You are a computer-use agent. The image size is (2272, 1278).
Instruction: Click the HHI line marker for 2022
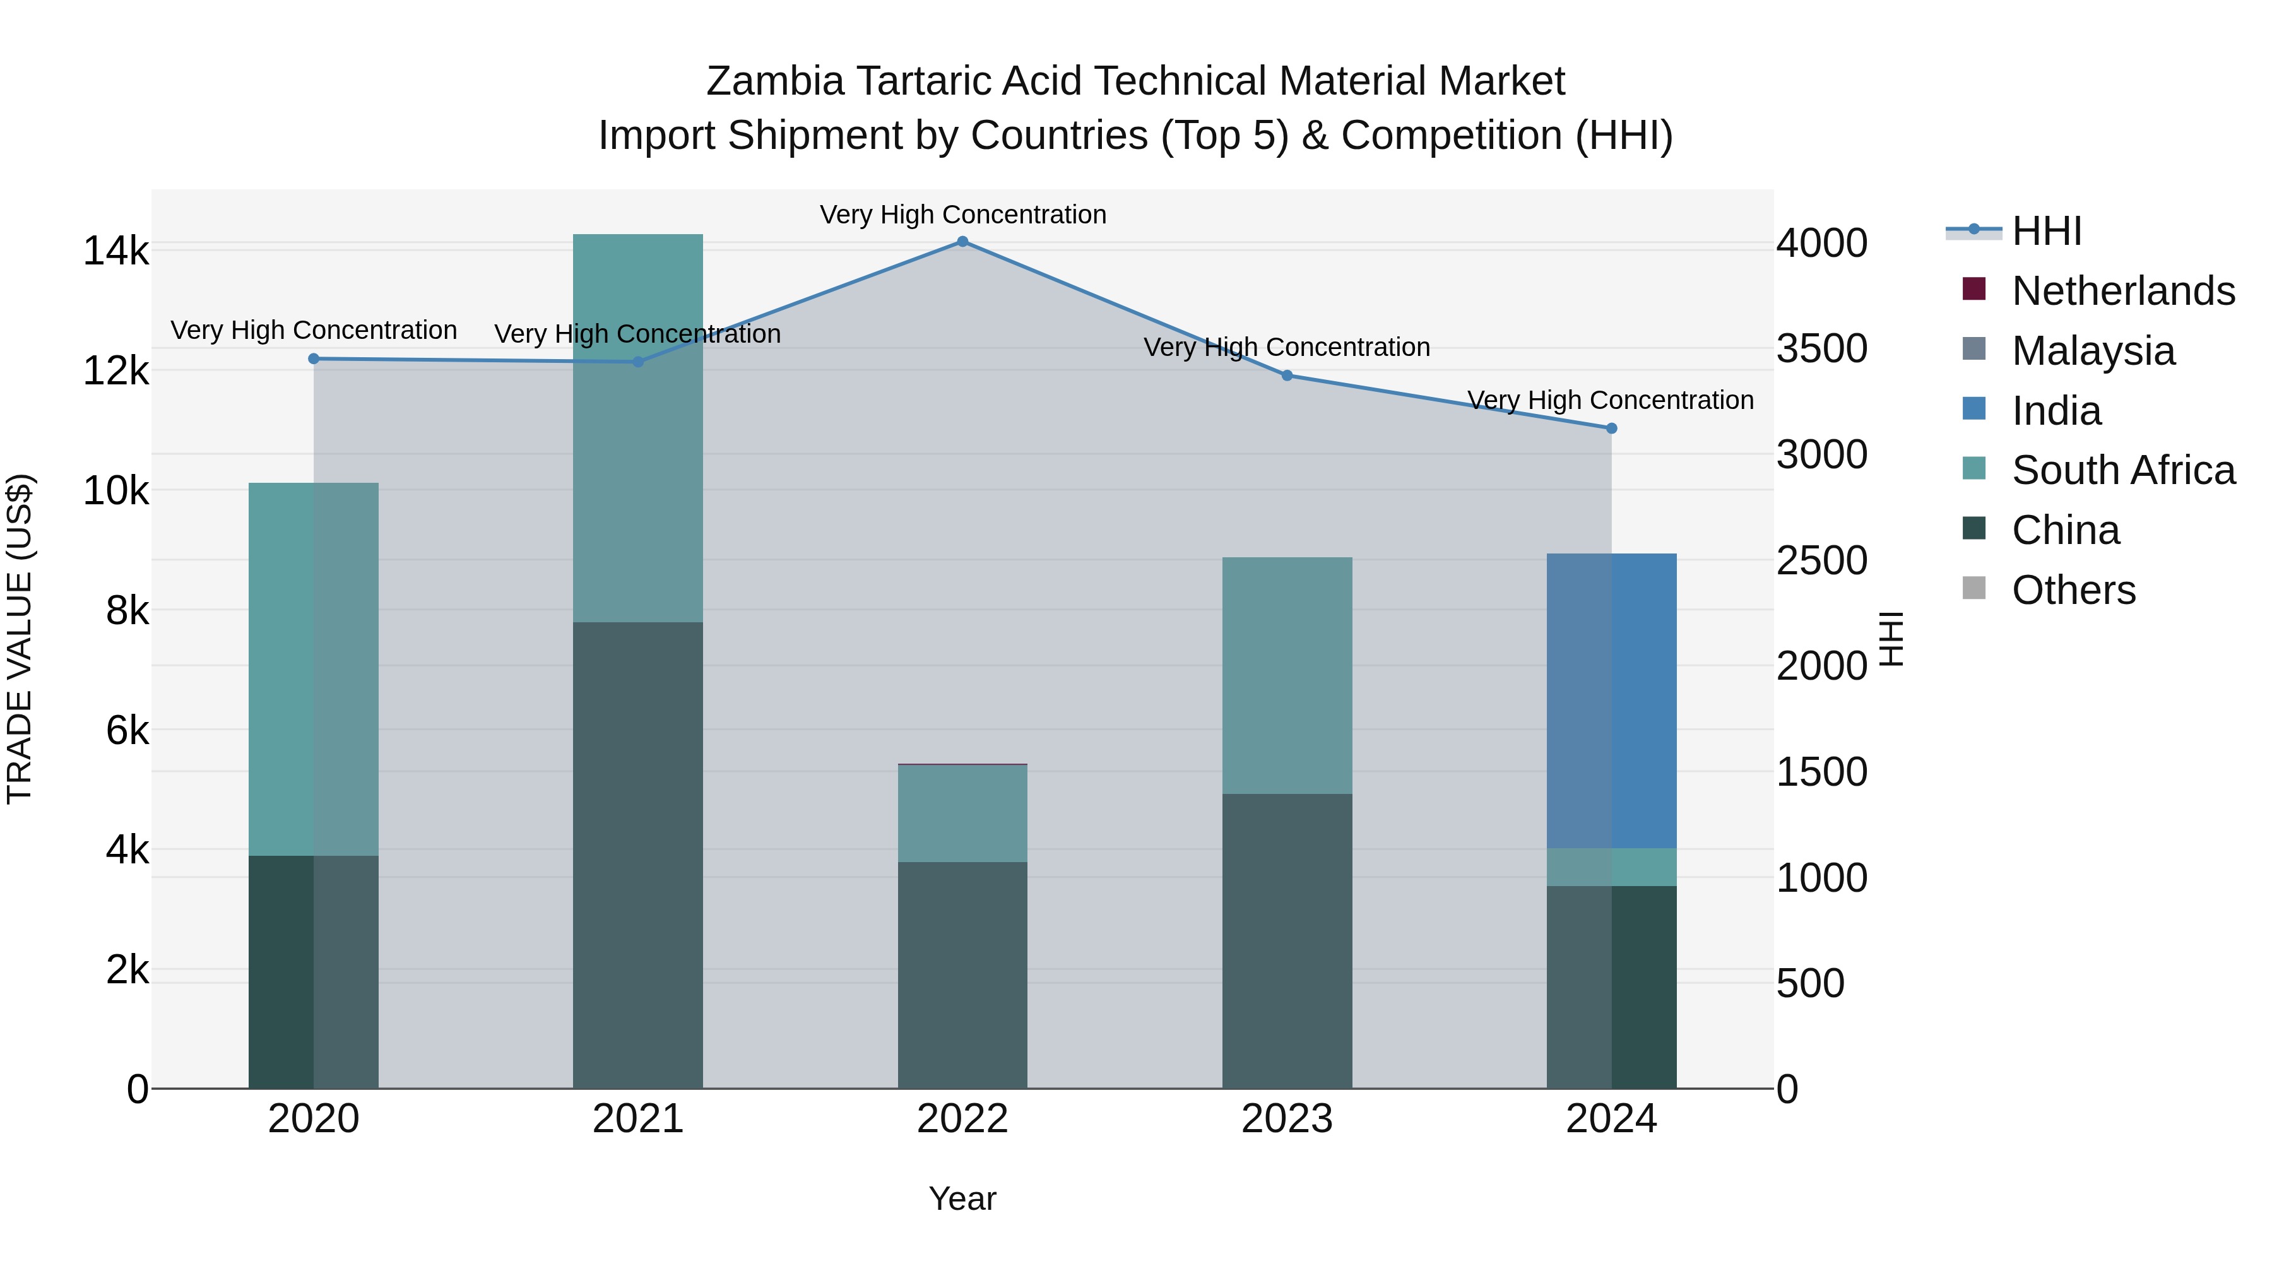point(962,242)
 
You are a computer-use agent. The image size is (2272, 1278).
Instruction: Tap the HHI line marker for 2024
point(1611,429)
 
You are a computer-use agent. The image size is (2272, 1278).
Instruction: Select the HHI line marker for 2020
point(314,359)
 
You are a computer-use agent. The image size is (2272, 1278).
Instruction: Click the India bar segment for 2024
point(1611,701)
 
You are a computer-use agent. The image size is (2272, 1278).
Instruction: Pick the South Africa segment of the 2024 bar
point(1611,867)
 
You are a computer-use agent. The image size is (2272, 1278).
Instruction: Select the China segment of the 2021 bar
point(637,856)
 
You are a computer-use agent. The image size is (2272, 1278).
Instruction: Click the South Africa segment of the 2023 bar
point(1287,675)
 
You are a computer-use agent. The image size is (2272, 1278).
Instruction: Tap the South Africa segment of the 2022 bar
point(962,814)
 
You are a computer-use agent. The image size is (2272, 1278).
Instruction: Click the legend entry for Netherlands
point(2123,291)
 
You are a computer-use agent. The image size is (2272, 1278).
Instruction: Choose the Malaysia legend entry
point(2093,351)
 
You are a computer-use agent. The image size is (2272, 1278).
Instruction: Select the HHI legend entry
point(2046,231)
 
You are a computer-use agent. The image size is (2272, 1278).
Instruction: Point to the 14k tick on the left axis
point(115,251)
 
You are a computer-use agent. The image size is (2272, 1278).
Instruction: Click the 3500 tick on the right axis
point(1821,348)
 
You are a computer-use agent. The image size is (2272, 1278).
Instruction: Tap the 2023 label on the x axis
point(1287,1119)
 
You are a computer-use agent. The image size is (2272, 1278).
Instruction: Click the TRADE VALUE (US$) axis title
point(20,639)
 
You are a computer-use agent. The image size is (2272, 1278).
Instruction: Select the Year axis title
point(962,1198)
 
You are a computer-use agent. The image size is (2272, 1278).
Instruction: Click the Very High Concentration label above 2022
point(962,215)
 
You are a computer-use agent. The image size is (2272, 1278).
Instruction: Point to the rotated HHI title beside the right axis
point(1893,639)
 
